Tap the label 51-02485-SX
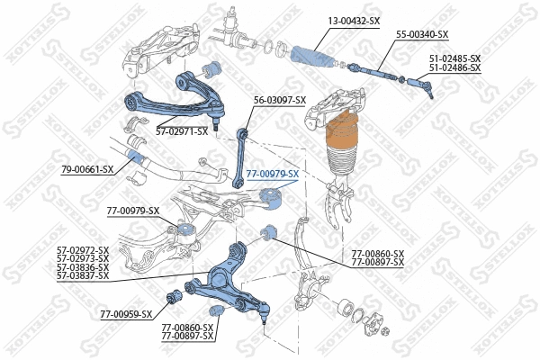tap(454, 58)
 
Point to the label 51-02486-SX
tap(454, 67)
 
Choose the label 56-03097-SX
tap(280, 100)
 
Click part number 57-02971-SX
tap(182, 131)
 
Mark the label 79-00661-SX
tap(87, 169)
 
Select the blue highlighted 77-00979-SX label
tap(273, 173)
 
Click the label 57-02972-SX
tap(83, 250)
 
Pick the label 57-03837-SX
tap(83, 275)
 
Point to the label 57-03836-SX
tap(83, 267)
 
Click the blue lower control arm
tap(225, 279)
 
